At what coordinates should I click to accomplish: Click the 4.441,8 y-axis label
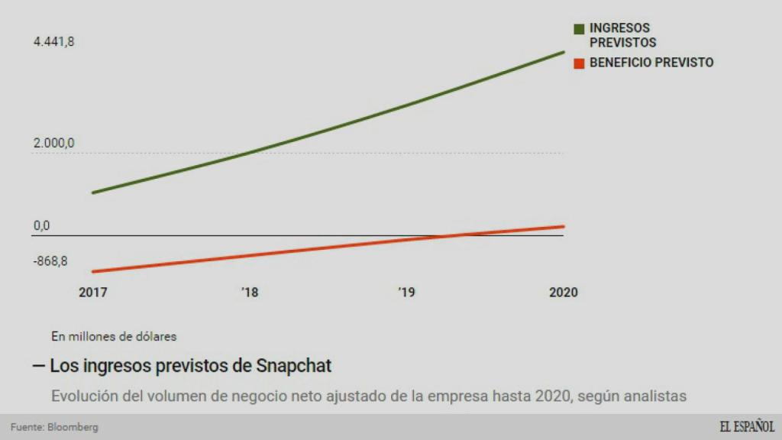[x=53, y=42]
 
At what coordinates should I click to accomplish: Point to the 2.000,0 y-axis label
[x=53, y=143]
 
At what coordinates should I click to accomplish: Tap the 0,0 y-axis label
[x=41, y=225]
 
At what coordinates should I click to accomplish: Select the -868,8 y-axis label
[x=50, y=261]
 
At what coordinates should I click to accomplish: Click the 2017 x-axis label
[x=93, y=293]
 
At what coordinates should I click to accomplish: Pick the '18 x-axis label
[x=250, y=293]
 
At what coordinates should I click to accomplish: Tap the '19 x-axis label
[x=406, y=293]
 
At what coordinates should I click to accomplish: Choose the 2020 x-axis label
[x=564, y=293]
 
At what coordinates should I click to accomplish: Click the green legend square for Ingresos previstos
[x=579, y=29]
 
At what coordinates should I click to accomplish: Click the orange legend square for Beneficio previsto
[x=579, y=63]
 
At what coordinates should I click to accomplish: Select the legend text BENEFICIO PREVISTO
[x=651, y=63]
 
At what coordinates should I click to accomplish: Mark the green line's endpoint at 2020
[x=564, y=52]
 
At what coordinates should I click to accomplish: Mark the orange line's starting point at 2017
[x=92, y=271]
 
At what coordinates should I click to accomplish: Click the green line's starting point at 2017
[x=92, y=192]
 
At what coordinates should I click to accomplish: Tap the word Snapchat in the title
[x=294, y=366]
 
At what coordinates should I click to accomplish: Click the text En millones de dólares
[x=114, y=335]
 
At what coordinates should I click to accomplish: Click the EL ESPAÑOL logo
[x=746, y=426]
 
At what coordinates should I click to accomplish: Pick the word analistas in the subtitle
[x=654, y=396]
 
